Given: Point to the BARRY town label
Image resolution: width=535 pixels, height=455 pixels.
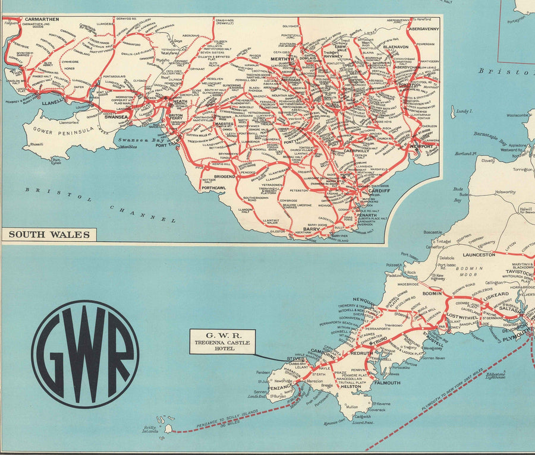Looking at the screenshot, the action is pyautogui.click(x=310, y=228).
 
